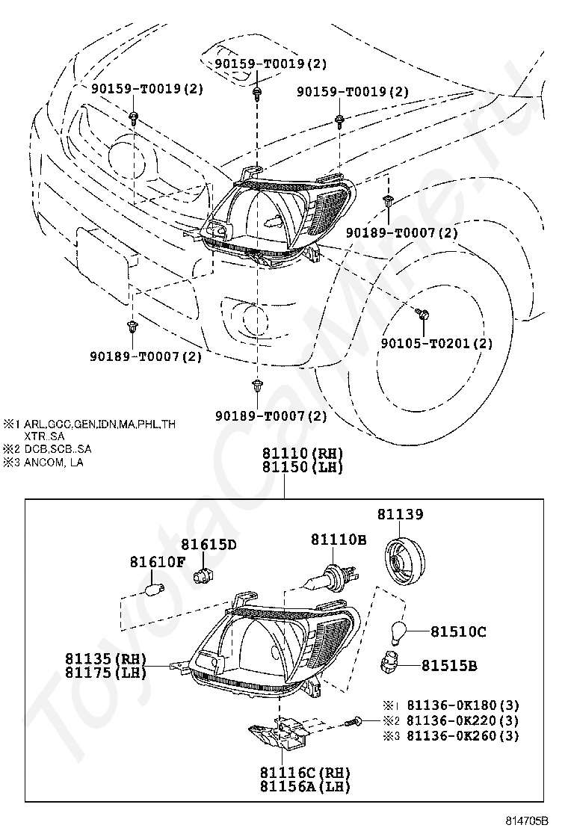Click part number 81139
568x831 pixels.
pyautogui.click(x=400, y=514)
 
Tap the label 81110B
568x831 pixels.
pyautogui.click(x=339, y=539)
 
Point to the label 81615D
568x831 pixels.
pyautogui.click(x=209, y=544)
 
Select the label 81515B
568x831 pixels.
pyautogui.click(x=448, y=665)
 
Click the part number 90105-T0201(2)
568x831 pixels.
pyautogui.click(x=436, y=344)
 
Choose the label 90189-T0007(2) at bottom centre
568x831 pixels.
pyautogui.click(x=271, y=415)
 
